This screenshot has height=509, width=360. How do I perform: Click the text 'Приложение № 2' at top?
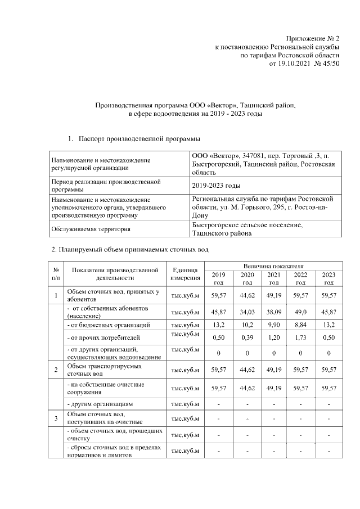pyautogui.click(x=312, y=37)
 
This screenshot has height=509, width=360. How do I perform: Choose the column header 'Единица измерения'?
pyautogui.click(x=184, y=274)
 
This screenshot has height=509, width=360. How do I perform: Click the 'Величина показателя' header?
pyautogui.click(x=273, y=265)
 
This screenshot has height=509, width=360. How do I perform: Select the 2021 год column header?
pyautogui.click(x=274, y=278)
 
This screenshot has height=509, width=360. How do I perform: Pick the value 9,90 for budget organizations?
pyautogui.click(x=274, y=325)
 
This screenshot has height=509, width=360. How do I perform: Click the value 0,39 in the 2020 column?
pyautogui.click(x=247, y=337)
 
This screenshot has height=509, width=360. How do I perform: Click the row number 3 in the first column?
pyautogui.click(x=56, y=418)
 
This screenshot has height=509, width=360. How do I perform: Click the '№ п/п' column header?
pyautogui.click(x=56, y=274)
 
